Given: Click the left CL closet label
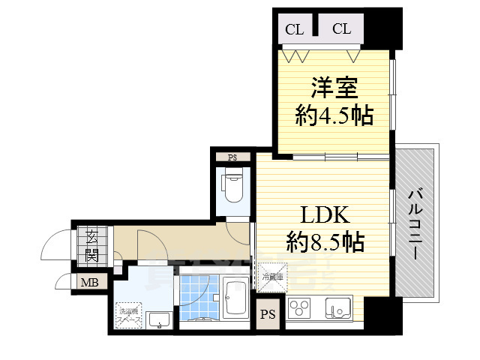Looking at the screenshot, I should coord(294,30).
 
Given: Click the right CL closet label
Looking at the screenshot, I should coord(341,30).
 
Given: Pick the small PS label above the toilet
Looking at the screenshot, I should coord(232,157).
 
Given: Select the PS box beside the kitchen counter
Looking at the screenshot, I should coord(268,315).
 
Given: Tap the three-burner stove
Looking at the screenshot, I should coord(301,309).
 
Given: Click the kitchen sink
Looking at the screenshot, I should coord(336,308).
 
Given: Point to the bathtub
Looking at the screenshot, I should coord(235,298).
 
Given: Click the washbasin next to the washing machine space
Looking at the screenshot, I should coord(158,320).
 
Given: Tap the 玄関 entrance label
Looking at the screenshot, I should coord(91,244).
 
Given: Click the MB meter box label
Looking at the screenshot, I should coord(89,283).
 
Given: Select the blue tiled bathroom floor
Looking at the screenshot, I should coord(196,295).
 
